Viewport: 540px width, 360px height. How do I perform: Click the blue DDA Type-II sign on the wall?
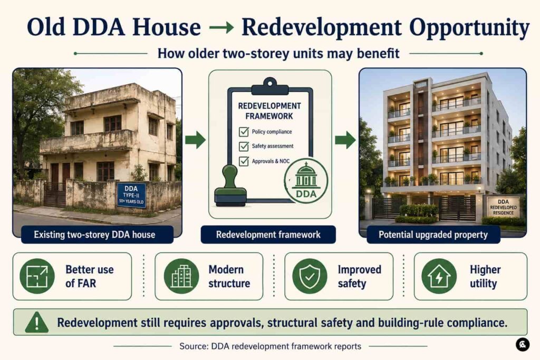[x=131, y=195]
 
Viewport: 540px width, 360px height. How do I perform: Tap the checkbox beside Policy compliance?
[x=244, y=131]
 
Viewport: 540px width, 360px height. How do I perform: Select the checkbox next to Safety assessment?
[x=244, y=147]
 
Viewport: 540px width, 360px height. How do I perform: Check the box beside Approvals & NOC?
[x=244, y=161]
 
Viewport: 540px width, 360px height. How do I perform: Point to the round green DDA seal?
[x=306, y=180]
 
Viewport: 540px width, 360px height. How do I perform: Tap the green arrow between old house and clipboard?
[x=195, y=139]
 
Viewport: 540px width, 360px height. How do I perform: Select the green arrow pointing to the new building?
[x=345, y=139]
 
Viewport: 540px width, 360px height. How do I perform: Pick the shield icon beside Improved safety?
[x=310, y=276]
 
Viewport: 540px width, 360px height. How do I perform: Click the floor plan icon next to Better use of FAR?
[x=37, y=276]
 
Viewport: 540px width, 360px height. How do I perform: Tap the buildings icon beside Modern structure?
[x=181, y=276]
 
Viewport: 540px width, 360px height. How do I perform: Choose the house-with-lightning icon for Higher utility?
[x=439, y=276]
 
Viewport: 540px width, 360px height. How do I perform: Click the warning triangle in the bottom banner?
[x=37, y=323]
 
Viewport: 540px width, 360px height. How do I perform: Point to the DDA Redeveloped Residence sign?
[x=503, y=207]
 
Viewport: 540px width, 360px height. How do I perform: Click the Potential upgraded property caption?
[x=433, y=235]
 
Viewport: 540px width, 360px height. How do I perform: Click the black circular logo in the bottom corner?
[x=523, y=345]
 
